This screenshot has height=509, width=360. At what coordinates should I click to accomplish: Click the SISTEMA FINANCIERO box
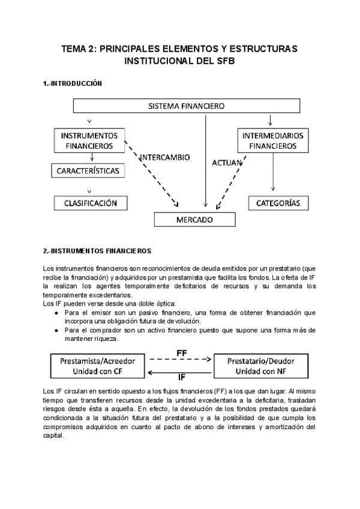(x=186, y=106)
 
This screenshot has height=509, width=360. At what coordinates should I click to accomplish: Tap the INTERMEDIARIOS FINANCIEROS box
(x=273, y=140)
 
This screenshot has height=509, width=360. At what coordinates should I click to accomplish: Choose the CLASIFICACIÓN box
(x=91, y=203)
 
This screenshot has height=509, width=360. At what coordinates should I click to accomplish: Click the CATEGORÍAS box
(x=278, y=203)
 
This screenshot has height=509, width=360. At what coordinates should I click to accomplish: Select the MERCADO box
(x=194, y=220)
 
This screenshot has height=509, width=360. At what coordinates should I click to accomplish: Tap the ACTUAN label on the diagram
(x=227, y=162)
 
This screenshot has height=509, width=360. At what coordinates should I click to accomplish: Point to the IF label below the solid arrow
(x=181, y=378)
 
